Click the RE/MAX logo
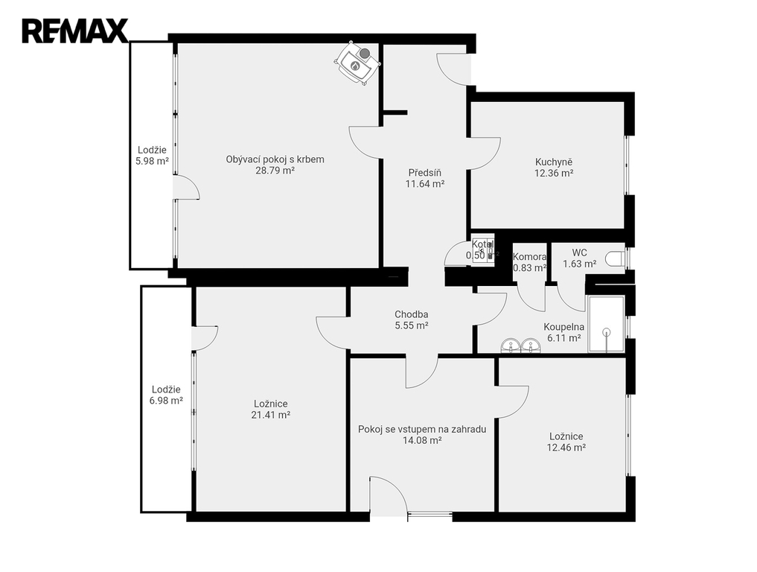point(75,31)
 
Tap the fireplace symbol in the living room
point(358,63)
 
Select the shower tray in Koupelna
point(607,324)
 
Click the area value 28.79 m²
point(275,171)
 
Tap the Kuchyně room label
point(554,162)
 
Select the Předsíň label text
point(425,173)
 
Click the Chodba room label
point(412,314)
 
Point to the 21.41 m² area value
point(270,415)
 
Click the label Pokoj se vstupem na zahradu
point(422,430)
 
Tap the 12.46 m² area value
point(566,448)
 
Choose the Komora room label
point(530,257)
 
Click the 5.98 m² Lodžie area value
point(152,162)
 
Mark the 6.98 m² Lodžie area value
point(166,401)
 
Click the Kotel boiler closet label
point(483,244)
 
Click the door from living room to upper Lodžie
point(186,187)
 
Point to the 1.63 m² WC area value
point(579,264)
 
